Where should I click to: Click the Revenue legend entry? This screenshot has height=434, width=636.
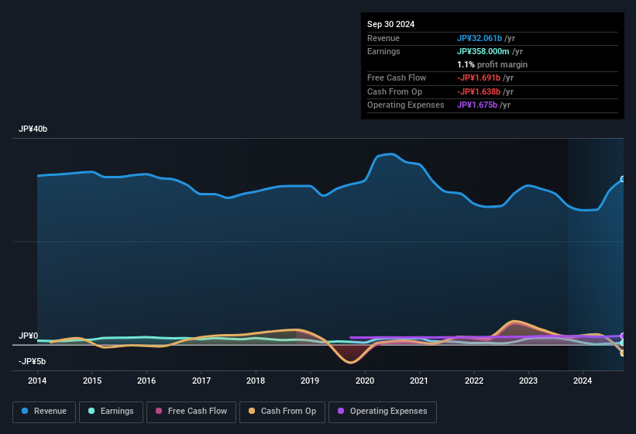tap(44, 412)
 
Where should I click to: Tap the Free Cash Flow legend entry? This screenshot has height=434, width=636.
tap(191, 412)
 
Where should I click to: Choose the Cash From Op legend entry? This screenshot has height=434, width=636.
tap(282, 412)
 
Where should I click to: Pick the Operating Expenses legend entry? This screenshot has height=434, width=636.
tap(383, 412)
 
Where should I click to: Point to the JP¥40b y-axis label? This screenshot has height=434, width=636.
tap(33, 129)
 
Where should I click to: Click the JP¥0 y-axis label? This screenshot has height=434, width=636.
tap(29, 336)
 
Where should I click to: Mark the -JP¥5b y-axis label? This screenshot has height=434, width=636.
tap(32, 361)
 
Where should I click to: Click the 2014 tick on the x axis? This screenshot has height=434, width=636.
tap(37, 381)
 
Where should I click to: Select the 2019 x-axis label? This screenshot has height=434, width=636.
tap(310, 381)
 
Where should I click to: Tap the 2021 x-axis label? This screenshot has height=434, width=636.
tap(419, 381)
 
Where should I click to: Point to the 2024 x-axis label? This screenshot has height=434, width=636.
tap(583, 381)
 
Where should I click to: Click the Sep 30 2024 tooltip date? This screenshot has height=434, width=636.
tap(391, 24)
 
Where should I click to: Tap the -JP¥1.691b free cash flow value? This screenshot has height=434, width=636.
tap(485, 77)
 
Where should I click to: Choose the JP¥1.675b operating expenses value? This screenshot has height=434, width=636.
tap(483, 105)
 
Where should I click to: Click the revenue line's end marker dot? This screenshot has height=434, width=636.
tap(623, 179)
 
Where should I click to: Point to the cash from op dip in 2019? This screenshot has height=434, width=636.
tap(350, 361)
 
